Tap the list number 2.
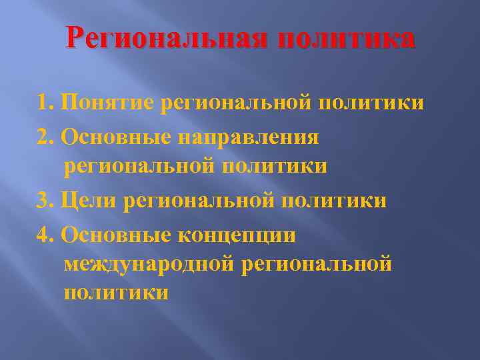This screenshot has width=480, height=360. point(46,137)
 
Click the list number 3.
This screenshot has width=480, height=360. point(46,201)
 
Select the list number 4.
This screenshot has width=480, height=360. point(46,234)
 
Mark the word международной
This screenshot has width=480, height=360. point(149,264)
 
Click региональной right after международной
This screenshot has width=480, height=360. point(317,264)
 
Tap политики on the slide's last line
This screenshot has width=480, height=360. point(116,292)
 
